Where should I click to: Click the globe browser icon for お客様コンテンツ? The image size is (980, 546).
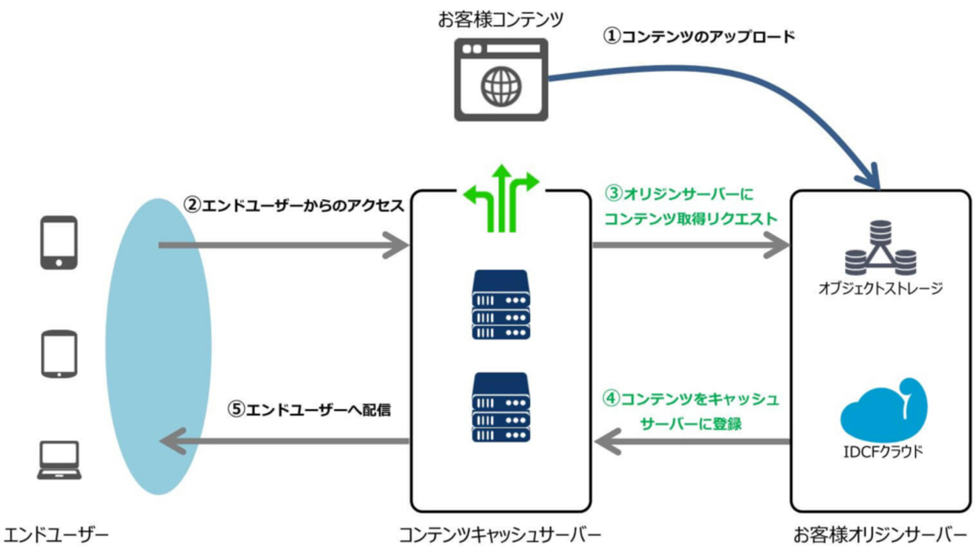point(501,80)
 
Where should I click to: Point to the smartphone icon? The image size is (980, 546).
point(58,242)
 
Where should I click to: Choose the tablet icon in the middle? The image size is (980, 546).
point(58,354)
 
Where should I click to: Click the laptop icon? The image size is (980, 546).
point(59,462)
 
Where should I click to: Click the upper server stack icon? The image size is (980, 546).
point(501,304)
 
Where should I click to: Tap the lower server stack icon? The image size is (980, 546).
point(501,407)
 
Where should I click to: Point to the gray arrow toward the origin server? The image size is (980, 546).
point(690,245)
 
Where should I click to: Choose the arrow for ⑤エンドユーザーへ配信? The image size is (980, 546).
point(283,441)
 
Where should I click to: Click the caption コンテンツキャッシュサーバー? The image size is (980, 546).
point(500,535)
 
